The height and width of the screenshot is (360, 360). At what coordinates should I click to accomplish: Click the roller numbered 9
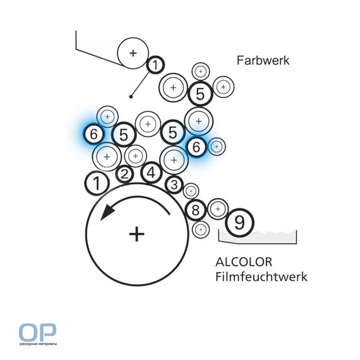pos(239,223)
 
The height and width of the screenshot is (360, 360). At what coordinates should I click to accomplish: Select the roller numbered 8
pos(196,210)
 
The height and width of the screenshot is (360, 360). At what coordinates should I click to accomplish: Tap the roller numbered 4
pos(152,172)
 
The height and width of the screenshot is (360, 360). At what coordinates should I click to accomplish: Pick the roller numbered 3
pos(174,184)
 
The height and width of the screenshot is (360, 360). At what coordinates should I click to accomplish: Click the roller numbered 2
pos(124,174)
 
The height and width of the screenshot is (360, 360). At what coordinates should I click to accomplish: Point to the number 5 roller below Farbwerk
pos(200,93)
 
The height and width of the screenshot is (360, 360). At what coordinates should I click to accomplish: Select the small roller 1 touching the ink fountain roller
pos(155,65)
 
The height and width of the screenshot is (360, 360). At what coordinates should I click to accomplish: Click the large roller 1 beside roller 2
pos(97,183)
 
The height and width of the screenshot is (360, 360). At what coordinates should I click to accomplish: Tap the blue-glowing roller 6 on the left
pos(94,134)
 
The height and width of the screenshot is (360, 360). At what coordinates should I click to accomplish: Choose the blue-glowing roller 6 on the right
pos(196,147)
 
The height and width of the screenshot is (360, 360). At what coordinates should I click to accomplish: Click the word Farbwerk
pos(263,61)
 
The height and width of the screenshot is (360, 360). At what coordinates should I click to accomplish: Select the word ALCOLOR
pos(244,262)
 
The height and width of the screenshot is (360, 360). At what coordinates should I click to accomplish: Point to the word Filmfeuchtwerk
pos(261,277)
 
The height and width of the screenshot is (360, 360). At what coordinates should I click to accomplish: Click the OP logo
pos(38,333)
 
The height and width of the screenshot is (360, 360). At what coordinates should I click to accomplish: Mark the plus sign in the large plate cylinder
pos(136,234)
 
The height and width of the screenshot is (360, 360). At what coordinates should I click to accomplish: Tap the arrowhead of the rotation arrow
pos(107,212)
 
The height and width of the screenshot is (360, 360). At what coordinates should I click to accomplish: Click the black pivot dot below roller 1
pos(131,97)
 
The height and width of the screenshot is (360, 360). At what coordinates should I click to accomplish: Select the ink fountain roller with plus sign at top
pos(133,53)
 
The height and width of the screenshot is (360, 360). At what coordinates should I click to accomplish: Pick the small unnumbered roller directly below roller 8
pos(201,229)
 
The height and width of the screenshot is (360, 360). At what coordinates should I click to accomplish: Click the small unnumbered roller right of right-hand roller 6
pos(217,147)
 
